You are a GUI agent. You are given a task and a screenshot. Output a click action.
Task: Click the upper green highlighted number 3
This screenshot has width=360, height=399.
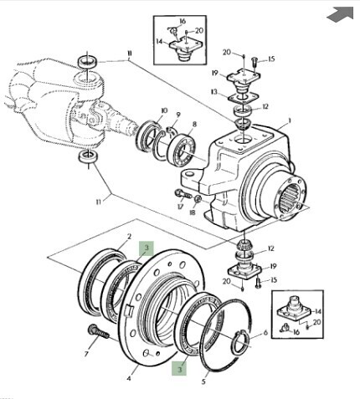click(x=147, y=248)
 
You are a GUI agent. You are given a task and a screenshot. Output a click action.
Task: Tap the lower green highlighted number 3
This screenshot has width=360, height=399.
click(x=179, y=369)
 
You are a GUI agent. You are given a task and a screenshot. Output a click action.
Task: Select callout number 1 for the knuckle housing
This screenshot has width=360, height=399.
click(x=290, y=120)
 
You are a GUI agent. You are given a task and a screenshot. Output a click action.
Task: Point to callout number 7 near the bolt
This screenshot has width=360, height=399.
click(x=86, y=354)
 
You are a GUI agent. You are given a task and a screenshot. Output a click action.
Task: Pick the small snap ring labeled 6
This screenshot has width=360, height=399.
click(x=241, y=341)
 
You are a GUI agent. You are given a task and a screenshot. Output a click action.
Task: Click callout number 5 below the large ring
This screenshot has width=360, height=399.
click(x=203, y=381)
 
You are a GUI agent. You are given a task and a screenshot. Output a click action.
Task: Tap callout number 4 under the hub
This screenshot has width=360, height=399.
click(x=129, y=378)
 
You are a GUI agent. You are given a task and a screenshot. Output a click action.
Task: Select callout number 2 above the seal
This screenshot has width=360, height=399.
click(x=129, y=237)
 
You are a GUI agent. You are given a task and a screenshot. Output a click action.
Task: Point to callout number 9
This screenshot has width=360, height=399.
click(x=178, y=115)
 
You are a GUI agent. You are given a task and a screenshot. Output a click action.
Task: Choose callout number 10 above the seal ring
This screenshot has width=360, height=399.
click(x=164, y=110)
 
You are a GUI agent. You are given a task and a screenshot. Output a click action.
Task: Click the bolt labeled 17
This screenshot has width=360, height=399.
click(x=183, y=193)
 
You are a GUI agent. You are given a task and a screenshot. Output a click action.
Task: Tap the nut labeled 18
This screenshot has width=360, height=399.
click(x=198, y=199)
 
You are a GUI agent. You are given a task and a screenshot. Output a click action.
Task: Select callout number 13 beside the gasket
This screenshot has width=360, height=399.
click(x=214, y=92)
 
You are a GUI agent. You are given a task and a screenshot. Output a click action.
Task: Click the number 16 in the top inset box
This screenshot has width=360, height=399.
click(x=183, y=21)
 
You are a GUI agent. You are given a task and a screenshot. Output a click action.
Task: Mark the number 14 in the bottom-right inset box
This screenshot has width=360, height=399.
click(x=318, y=311)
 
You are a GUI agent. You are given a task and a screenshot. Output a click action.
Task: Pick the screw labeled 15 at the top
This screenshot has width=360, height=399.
click(x=255, y=61)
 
